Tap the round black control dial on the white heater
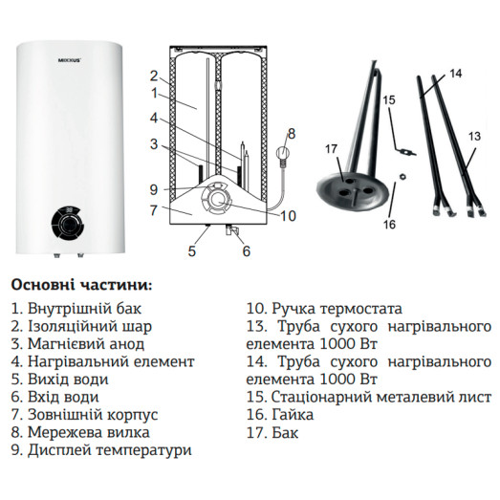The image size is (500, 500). tap(68, 227)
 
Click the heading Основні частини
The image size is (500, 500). tap(81, 285)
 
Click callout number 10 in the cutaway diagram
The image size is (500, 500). tap(288, 215)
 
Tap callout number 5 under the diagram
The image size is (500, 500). tap(191, 251)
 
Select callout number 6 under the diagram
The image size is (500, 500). tap(246, 251)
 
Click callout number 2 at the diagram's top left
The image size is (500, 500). tap(152, 76)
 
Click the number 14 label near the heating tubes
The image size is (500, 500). tap(455, 74)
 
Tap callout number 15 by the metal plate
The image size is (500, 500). tap(388, 98)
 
